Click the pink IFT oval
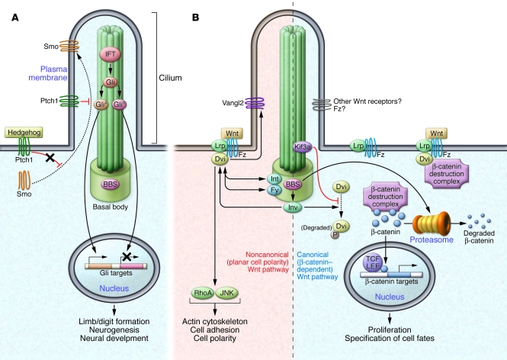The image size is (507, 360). tap(110, 54)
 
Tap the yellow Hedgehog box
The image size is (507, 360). tap(24, 132)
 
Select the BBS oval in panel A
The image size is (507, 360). tap(111, 185)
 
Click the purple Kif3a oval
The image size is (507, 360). tap(303, 147)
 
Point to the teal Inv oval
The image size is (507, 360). tap(293, 207)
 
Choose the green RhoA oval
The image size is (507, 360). tap(203, 293)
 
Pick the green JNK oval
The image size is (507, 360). tap(226, 293)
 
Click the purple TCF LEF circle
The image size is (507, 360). tap(373, 262)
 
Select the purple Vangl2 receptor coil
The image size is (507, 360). tap(255, 103)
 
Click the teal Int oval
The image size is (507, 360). tap(274, 179)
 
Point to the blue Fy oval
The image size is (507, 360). tap(274, 190)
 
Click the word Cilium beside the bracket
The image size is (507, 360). tap(170, 78)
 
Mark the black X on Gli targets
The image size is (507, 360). tap(127, 257)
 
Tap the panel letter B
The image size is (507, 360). tap(195, 18)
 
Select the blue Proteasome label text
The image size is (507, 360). tap(432, 239)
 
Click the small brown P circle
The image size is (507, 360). tap(335, 235)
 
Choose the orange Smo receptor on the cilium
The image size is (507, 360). tap(69, 46)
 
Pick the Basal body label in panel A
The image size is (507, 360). tap(111, 207)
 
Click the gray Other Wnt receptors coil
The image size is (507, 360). tap(322, 105)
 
